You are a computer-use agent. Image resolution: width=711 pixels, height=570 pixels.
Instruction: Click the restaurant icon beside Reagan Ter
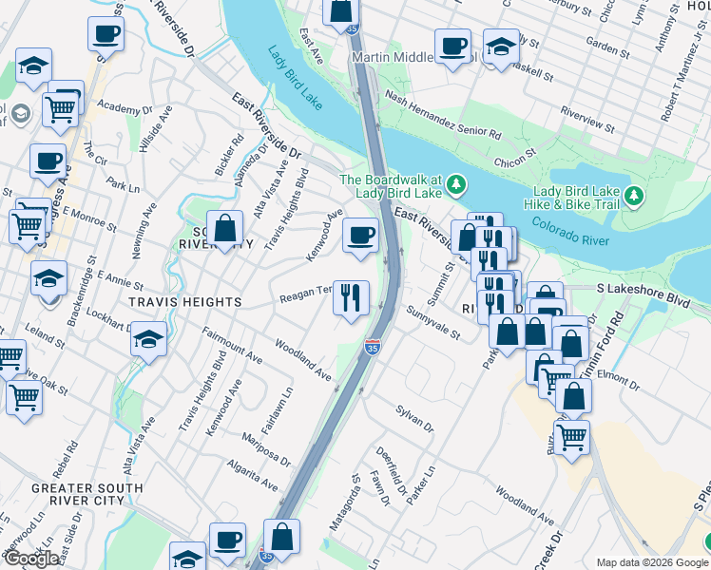click(351, 298)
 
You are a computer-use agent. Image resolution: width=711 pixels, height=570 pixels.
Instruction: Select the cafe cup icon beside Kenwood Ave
click(360, 236)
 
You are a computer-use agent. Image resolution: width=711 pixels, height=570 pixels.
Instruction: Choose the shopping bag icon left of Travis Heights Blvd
click(225, 230)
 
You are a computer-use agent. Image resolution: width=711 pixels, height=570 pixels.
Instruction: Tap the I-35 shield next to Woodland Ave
click(373, 350)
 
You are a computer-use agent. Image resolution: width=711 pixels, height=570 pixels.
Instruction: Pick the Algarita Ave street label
click(252, 475)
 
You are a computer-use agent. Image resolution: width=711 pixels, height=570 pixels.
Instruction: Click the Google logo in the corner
click(31, 559)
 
